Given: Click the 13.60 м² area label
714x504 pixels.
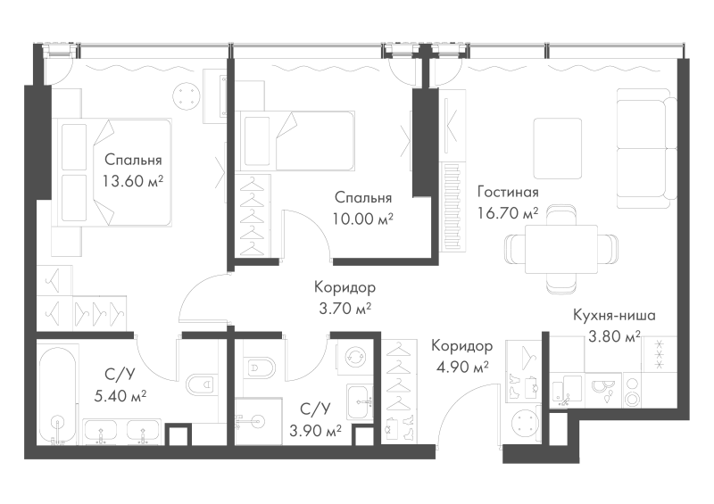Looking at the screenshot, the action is coord(132,182).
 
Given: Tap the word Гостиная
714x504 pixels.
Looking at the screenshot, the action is coord(508,192).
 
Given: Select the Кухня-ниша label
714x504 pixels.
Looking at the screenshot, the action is coord(614,315).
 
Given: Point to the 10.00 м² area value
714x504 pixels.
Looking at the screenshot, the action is coord(363,219).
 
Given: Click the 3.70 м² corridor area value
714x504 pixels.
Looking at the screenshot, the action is coord(345,309).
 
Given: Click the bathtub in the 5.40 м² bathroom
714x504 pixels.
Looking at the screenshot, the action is coord(58,393).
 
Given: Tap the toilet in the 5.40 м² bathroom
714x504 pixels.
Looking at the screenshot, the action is coord(200,384).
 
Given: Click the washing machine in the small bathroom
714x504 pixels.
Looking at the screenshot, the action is coord(353,358).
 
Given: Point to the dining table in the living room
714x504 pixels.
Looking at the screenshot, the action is coord(561,249).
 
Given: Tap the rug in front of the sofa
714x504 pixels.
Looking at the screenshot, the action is coord(557,149).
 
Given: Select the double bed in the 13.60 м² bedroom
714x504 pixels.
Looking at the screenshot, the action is coord(112,172).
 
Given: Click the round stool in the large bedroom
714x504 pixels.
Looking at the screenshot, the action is coord(187,95).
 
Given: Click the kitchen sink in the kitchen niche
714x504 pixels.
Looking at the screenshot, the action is coord(567,391).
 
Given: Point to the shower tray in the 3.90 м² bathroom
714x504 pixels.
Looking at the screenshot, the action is coord(259,421).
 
